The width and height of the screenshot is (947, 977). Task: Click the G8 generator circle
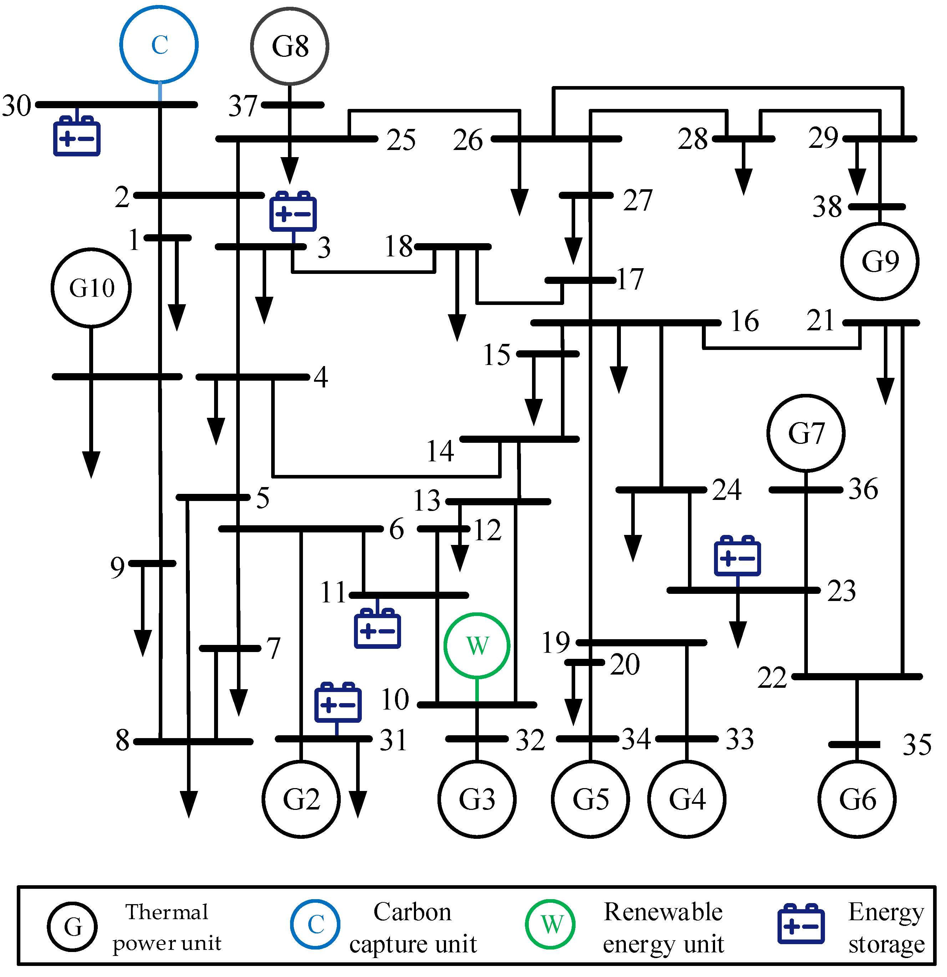point(289,46)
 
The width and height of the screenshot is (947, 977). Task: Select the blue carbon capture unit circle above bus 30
point(159,44)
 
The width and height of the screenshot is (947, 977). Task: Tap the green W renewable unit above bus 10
point(477,646)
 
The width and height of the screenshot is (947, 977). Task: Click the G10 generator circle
point(91,287)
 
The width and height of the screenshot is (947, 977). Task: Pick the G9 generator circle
point(880,261)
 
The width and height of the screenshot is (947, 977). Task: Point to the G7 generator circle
point(806,433)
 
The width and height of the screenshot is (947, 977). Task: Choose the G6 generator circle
point(857,800)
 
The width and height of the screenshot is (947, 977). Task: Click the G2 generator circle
point(301,800)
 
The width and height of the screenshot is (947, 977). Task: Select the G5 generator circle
point(590,800)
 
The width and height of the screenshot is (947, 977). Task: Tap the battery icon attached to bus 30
point(77,136)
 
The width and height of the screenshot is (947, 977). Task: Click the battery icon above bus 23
point(737,557)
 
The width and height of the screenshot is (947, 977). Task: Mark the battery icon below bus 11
point(377,629)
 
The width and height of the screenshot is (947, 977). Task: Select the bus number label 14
point(440,451)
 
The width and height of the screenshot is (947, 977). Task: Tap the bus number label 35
point(917,745)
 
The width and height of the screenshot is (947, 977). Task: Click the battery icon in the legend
point(801,924)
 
